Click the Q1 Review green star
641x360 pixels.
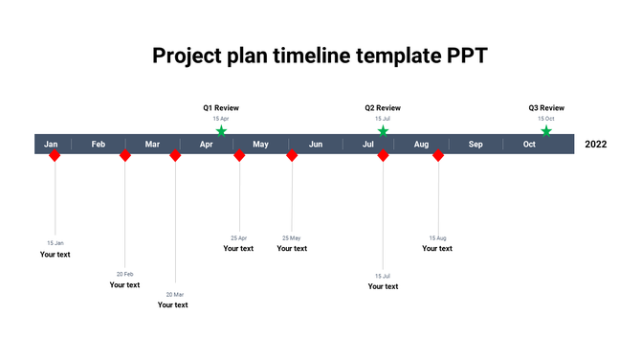(x=221, y=131)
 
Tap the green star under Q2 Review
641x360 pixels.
(x=383, y=131)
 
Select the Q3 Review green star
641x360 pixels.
(x=546, y=131)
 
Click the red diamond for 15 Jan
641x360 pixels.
(x=55, y=155)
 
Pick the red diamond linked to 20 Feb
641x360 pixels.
(x=124, y=155)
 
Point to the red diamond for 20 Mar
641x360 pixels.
(x=175, y=155)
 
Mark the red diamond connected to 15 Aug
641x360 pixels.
(x=438, y=155)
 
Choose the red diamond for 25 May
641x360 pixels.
(x=292, y=155)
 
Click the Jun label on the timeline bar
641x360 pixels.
(x=316, y=145)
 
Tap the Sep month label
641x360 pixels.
(x=475, y=145)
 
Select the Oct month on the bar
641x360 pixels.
(x=529, y=145)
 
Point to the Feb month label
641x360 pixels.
(x=99, y=145)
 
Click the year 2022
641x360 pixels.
(x=595, y=145)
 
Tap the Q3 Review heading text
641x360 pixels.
(x=546, y=108)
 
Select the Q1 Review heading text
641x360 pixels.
(x=221, y=108)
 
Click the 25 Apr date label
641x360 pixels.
(x=238, y=237)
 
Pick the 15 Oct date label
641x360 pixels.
(x=546, y=119)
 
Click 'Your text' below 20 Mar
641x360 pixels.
(x=173, y=304)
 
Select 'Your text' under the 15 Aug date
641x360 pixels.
(x=437, y=248)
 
